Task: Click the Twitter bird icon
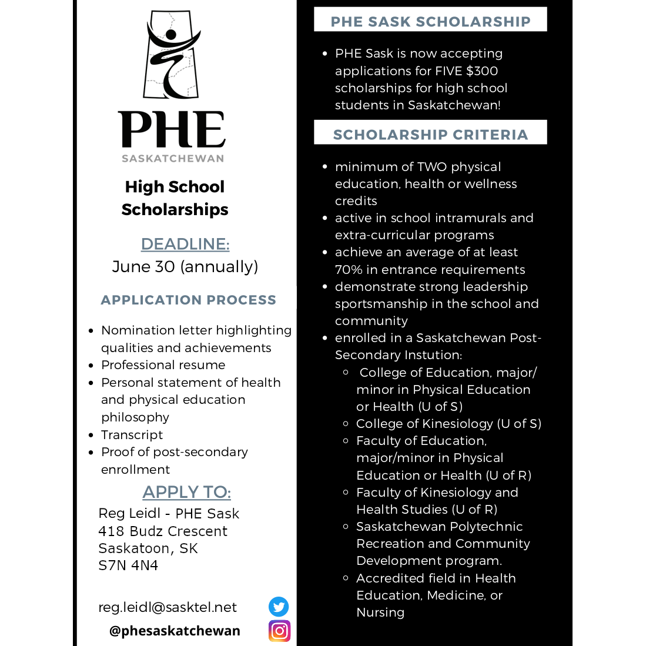[279, 607]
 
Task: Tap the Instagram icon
[279, 631]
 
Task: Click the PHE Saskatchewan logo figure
[171, 54]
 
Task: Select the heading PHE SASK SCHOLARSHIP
[430, 22]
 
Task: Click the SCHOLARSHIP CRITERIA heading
[430, 135]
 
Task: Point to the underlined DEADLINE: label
[185, 244]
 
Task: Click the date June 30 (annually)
[185, 267]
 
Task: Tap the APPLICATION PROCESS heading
[188, 300]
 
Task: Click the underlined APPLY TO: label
[186, 492]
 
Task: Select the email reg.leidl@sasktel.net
[168, 607]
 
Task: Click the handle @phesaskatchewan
[175, 631]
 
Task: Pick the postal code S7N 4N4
[128, 565]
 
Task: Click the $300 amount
[481, 71]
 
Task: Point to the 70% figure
[349, 270]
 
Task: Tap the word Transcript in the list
[132, 435]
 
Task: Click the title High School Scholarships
[175, 198]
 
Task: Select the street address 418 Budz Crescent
[163, 531]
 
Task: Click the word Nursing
[380, 612]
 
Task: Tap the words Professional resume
[163, 365]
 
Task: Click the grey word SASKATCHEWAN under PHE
[173, 159]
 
